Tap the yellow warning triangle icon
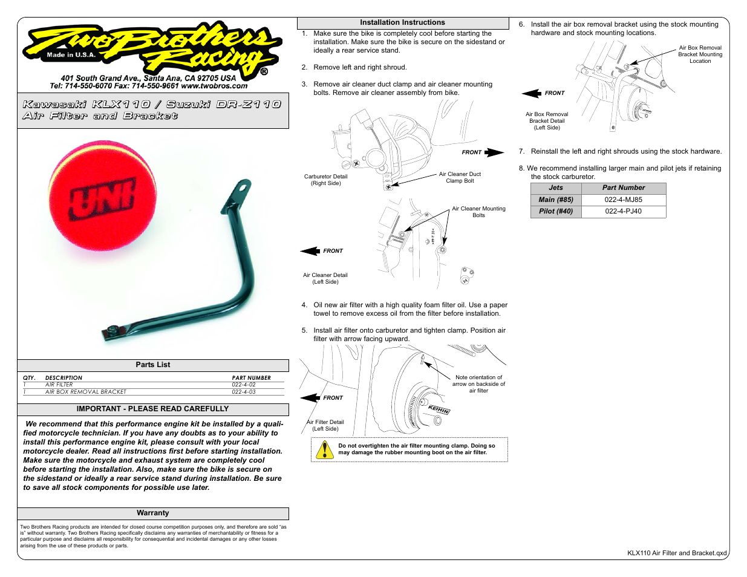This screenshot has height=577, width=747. coord(325,449)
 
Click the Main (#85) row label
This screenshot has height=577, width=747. coord(556,200)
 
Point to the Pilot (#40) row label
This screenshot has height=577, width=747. coord(556,211)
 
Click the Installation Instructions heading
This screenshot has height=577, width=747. coord(402,22)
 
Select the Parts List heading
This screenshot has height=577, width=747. coord(153,365)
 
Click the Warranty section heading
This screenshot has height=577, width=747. coord(153,513)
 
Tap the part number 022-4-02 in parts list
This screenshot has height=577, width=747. coord(244,385)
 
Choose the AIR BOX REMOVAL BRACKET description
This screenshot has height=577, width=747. coord(86,392)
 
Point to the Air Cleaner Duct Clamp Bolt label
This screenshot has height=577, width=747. coord(460,177)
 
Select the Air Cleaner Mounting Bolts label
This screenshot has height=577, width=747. coord(478,212)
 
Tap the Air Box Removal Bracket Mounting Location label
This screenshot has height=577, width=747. coord(700,54)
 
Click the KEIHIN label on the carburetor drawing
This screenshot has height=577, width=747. coord(439,409)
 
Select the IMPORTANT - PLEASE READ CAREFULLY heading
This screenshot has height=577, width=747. coord(153,409)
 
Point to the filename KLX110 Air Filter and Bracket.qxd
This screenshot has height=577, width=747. coord(677,553)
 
